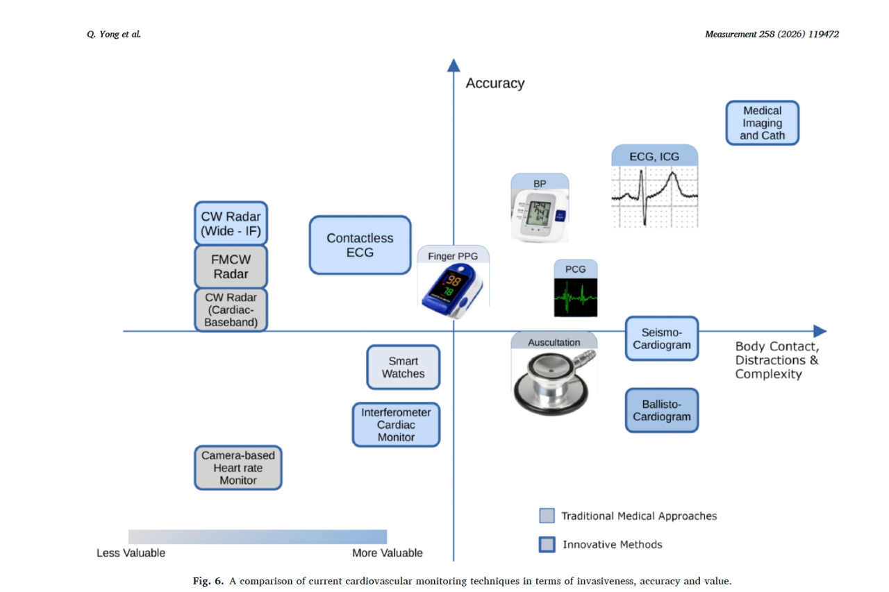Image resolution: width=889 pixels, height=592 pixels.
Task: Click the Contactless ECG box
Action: pyautogui.click(x=360, y=245)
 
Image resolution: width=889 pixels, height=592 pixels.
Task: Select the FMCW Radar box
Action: pyautogui.click(x=231, y=266)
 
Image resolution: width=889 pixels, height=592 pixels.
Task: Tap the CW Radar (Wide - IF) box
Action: pyautogui.click(x=231, y=223)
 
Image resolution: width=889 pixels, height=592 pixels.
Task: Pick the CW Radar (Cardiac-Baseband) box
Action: pyautogui.click(x=231, y=310)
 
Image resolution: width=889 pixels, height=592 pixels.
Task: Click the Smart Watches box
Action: pyautogui.click(x=403, y=367)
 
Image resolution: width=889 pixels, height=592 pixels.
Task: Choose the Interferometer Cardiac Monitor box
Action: pyautogui.click(x=396, y=425)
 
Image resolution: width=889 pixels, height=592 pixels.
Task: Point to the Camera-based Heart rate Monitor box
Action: pyautogui.click(x=238, y=468)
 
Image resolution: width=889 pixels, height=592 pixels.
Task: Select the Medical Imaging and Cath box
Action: pyautogui.click(x=762, y=123)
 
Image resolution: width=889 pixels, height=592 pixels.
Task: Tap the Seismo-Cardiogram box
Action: pyautogui.click(x=662, y=339)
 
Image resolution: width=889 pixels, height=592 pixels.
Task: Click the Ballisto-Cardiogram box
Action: pyautogui.click(x=662, y=410)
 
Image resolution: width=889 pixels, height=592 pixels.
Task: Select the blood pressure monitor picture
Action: pyautogui.click(x=540, y=215)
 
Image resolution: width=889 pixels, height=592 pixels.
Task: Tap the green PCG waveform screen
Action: pyautogui.click(x=575, y=296)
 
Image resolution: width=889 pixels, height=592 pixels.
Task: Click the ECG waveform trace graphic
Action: pyautogui.click(x=654, y=196)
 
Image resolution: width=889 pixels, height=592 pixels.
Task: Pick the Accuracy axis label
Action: pyautogui.click(x=495, y=83)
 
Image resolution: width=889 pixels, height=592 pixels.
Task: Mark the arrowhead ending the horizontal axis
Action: pyautogui.click(x=820, y=331)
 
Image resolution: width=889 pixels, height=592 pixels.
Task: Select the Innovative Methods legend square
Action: pyautogui.click(x=547, y=545)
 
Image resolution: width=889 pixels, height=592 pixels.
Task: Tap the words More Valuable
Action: pyautogui.click(x=387, y=553)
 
